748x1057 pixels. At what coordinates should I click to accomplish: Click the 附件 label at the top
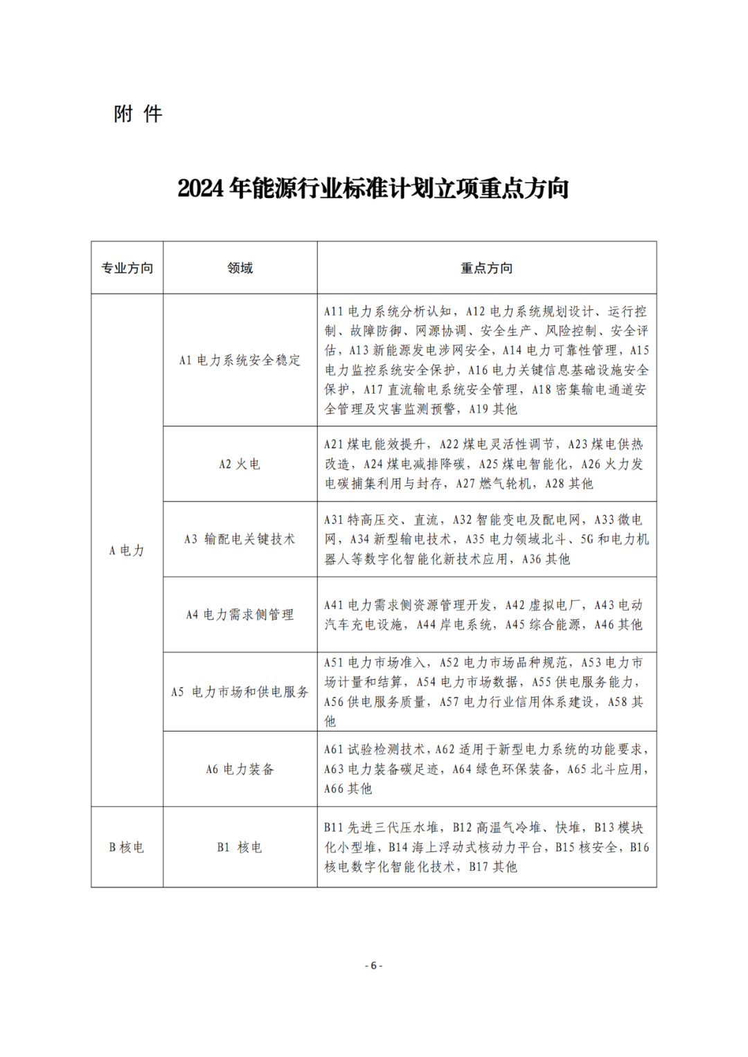pyautogui.click(x=138, y=114)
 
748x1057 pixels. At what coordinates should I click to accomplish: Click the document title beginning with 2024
pyautogui.click(x=373, y=188)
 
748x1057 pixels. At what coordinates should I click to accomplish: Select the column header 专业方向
pyautogui.click(x=127, y=268)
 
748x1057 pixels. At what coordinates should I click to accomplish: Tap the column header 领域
pyautogui.click(x=240, y=268)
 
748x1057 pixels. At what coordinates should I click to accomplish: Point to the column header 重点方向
pyautogui.click(x=487, y=268)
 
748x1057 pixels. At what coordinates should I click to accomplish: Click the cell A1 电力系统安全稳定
pyautogui.click(x=240, y=360)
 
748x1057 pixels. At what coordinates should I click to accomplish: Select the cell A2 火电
pyautogui.click(x=240, y=464)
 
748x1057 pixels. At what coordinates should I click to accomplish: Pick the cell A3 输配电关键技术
pyautogui.click(x=240, y=539)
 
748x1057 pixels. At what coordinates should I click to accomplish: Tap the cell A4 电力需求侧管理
pyautogui.click(x=240, y=614)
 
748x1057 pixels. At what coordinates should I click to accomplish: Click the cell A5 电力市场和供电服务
pyautogui.click(x=240, y=692)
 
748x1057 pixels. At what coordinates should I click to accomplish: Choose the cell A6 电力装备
pyautogui.click(x=240, y=769)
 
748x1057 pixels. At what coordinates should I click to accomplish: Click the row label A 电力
pyautogui.click(x=127, y=550)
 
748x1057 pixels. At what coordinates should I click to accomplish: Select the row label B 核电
pyautogui.click(x=127, y=847)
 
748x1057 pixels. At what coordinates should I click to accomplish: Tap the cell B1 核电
pyautogui.click(x=240, y=847)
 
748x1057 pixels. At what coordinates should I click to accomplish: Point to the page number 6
pyautogui.click(x=373, y=966)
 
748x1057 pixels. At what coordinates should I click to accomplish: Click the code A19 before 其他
pyautogui.click(x=479, y=409)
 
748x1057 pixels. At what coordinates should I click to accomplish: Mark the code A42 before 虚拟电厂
pyautogui.click(x=515, y=605)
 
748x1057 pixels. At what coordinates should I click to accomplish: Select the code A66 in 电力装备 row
pyautogui.click(x=334, y=788)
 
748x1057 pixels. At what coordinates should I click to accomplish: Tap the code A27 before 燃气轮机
pyautogui.click(x=465, y=484)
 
